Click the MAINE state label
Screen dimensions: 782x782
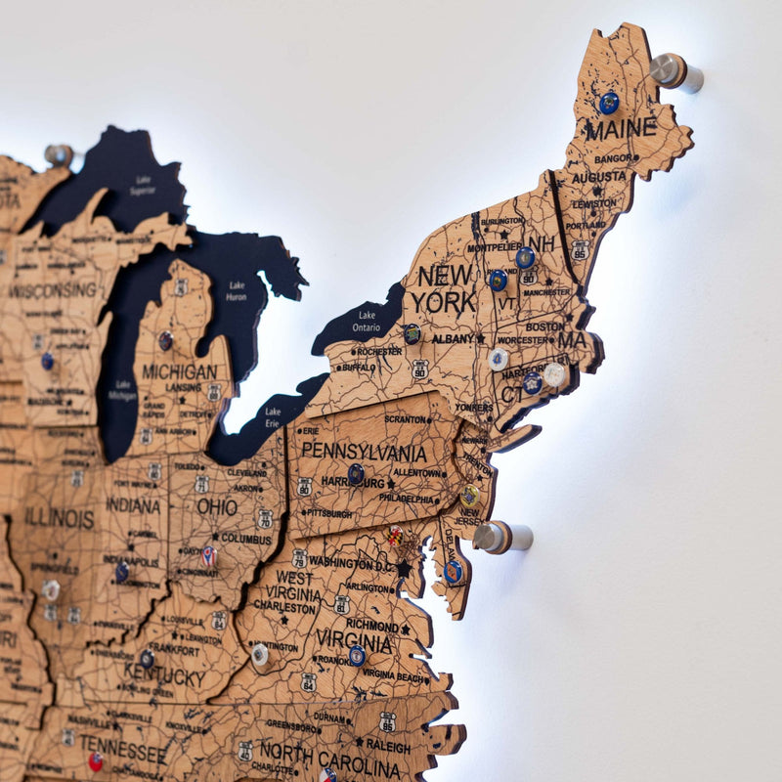point(621,128)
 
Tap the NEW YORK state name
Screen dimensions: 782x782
point(444,288)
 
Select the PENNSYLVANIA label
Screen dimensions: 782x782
point(364,453)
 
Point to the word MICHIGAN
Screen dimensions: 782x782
point(180,372)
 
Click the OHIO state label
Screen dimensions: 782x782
point(217,507)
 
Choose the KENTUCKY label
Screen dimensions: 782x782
point(164,674)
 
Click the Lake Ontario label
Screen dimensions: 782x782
point(367,322)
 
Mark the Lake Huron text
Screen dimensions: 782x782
point(236,290)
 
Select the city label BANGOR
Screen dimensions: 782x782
point(613,157)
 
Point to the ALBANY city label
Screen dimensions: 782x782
point(453,338)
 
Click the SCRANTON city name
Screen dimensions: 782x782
point(405,418)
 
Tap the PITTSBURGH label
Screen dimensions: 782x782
point(327,512)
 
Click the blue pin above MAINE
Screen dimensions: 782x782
point(609,103)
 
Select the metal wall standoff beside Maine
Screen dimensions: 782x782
point(675,71)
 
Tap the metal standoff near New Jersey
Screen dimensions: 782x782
point(501,537)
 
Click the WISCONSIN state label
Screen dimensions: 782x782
point(54,290)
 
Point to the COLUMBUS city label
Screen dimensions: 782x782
point(245,539)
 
